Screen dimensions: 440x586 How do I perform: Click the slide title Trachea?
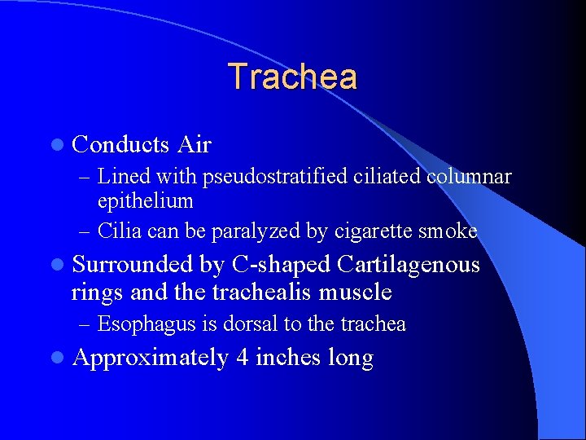[292, 77]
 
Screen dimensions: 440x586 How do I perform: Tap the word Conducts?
[120, 145]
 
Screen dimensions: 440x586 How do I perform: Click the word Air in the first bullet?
[194, 145]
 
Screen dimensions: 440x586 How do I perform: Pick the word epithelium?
[145, 201]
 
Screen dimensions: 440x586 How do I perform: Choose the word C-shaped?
[282, 266]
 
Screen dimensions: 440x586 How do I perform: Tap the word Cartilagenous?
[408, 266]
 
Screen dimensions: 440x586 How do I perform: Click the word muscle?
[356, 292]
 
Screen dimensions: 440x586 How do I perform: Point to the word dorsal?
[254, 323]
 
